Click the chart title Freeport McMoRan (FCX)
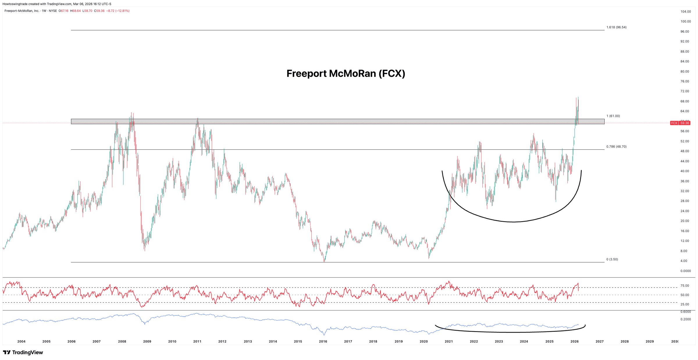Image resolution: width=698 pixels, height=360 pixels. point(346,74)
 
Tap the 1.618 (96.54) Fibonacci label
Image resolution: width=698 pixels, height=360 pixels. point(616,27)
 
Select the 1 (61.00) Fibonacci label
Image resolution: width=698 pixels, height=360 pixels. point(613,116)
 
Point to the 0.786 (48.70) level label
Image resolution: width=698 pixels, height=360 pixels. point(616,147)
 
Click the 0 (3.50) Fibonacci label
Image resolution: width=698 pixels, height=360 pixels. point(612,259)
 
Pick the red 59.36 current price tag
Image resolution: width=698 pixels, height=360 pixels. point(685,123)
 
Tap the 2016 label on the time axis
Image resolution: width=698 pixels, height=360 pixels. point(323,341)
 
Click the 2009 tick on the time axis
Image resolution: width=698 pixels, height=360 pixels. point(147,341)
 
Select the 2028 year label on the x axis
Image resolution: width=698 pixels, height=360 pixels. point(624,341)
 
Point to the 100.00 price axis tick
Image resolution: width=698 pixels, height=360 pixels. point(685,22)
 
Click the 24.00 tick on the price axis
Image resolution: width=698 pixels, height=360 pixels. point(685,211)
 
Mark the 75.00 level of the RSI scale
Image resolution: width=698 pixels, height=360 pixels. point(685,286)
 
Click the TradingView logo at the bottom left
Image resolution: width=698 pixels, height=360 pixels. point(23,352)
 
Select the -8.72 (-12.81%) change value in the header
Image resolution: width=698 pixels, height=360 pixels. point(118,11)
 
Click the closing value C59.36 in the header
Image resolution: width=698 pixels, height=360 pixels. point(99,11)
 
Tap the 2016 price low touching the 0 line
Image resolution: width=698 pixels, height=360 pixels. point(324,261)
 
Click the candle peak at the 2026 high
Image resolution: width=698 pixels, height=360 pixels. point(578,98)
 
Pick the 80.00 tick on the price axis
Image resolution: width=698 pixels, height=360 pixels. point(685,72)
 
